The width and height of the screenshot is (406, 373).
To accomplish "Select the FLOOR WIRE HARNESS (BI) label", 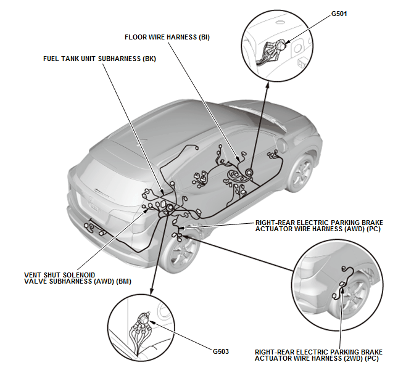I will coord(167,37).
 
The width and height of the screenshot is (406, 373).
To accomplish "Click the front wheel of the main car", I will coord(303,173).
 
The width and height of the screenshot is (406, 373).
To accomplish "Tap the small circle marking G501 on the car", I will coord(249,173).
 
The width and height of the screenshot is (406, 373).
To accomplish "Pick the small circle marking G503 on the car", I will coord(167,209).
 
